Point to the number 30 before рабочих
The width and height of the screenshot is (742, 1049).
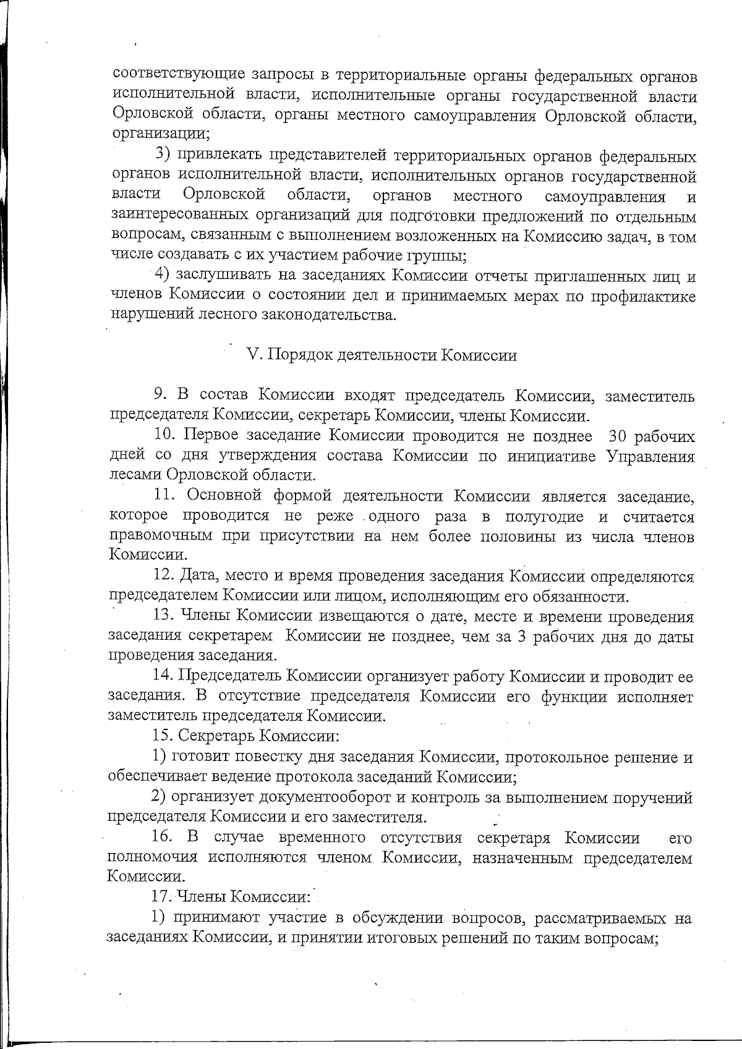tap(619, 436)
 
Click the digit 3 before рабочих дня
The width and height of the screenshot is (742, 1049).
tap(521, 637)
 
